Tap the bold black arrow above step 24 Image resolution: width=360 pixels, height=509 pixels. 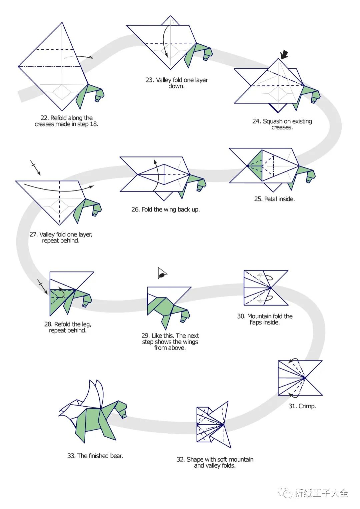(x=284, y=54)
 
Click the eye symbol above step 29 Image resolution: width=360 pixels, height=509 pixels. (x=162, y=274)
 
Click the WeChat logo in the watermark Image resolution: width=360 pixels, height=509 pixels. (x=285, y=493)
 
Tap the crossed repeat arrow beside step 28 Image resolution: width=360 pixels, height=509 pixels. (x=43, y=287)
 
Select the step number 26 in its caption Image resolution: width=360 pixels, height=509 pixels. (x=135, y=209)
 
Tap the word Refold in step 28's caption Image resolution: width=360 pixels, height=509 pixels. (x=62, y=324)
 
